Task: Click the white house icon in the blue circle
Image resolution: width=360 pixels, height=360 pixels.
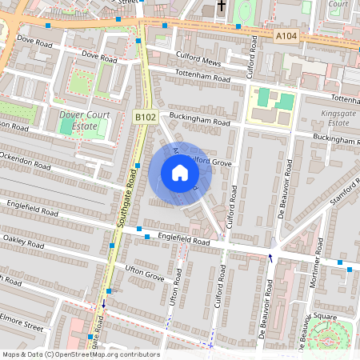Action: point(179,173)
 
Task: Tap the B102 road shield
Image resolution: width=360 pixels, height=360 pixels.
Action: point(145,118)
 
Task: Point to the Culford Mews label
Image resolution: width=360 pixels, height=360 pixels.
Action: point(197,60)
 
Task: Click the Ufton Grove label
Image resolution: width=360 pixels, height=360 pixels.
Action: point(144,274)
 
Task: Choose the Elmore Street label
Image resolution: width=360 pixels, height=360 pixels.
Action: point(22,326)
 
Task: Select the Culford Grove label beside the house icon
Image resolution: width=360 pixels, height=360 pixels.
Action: point(211,162)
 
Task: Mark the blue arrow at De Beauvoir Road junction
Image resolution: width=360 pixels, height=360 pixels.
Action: point(270,257)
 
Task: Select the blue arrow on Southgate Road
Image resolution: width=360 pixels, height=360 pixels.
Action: point(102,306)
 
